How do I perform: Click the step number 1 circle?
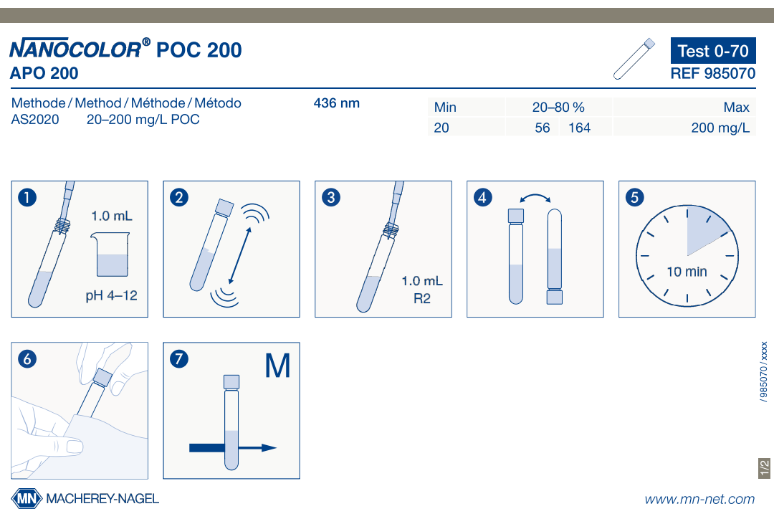[x=27, y=198]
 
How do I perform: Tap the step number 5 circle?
[x=634, y=198]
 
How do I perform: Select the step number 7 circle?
[x=179, y=358]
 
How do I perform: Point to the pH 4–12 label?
[x=112, y=295]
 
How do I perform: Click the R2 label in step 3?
[x=422, y=298]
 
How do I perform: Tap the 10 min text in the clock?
[x=687, y=272]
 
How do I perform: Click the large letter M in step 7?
[x=277, y=366]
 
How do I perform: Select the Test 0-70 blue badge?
[x=713, y=50]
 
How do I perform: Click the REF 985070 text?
[x=713, y=74]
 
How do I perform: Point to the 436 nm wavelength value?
[x=337, y=103]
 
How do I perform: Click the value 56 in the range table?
[x=542, y=128]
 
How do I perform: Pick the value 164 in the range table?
[x=579, y=128]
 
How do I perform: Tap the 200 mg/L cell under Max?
[x=720, y=128]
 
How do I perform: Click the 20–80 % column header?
[x=558, y=108]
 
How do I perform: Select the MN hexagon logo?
[x=27, y=499]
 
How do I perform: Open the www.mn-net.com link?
[x=699, y=500]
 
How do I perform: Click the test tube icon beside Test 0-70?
[x=634, y=59]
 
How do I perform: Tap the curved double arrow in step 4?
[x=535, y=198]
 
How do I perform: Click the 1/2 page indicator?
[x=764, y=468]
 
